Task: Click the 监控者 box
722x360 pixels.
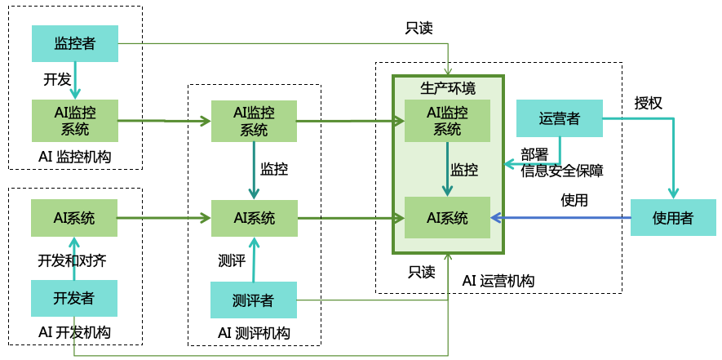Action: tap(75, 43)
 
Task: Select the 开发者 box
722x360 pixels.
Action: tap(74, 299)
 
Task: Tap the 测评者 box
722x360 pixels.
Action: tap(253, 300)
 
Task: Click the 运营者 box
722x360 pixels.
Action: tap(560, 118)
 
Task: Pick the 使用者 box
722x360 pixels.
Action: tap(672, 218)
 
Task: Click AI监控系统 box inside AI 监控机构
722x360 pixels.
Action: tap(75, 120)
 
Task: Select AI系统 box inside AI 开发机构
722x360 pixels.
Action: tap(74, 218)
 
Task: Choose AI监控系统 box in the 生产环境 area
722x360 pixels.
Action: tap(447, 120)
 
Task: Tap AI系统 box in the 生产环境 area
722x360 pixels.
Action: tap(447, 218)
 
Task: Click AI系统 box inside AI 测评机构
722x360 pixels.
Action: tap(254, 218)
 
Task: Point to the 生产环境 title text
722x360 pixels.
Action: tap(447, 87)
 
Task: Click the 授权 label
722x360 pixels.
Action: tap(649, 104)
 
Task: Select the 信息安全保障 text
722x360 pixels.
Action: tap(562, 171)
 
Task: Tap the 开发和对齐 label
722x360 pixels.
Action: tap(72, 260)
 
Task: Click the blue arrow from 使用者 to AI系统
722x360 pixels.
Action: tap(563, 218)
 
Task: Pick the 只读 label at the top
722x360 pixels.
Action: tap(419, 28)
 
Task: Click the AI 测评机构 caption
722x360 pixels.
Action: tap(254, 332)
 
